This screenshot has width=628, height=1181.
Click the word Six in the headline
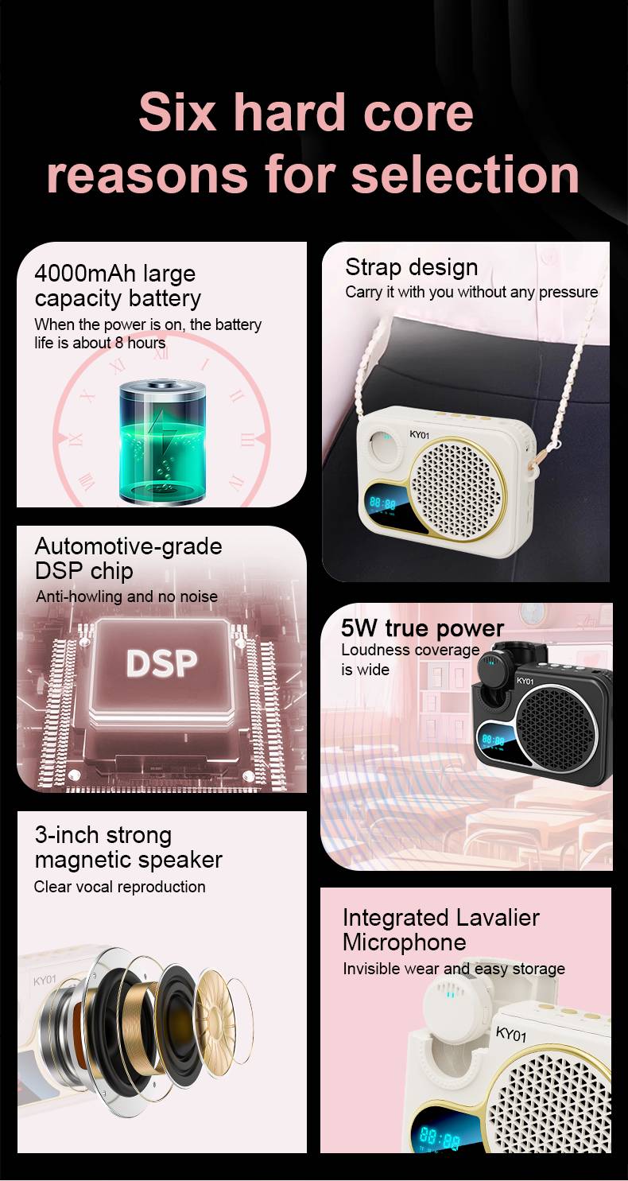point(177,112)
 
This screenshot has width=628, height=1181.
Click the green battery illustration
point(162,442)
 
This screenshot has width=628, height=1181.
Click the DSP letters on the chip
point(161,663)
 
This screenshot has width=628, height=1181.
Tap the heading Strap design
point(412,267)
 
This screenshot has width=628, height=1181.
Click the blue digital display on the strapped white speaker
point(383,503)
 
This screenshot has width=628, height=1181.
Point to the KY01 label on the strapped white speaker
point(420,434)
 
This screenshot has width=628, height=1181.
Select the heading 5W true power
point(423,628)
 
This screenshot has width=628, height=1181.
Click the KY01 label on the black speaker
point(525,681)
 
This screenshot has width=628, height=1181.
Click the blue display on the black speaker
point(493,740)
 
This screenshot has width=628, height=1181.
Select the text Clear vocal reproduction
point(119,887)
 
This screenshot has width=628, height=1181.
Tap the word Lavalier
point(498,918)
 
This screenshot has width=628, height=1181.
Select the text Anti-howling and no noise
point(127,596)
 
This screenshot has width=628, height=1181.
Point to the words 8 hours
point(140,343)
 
